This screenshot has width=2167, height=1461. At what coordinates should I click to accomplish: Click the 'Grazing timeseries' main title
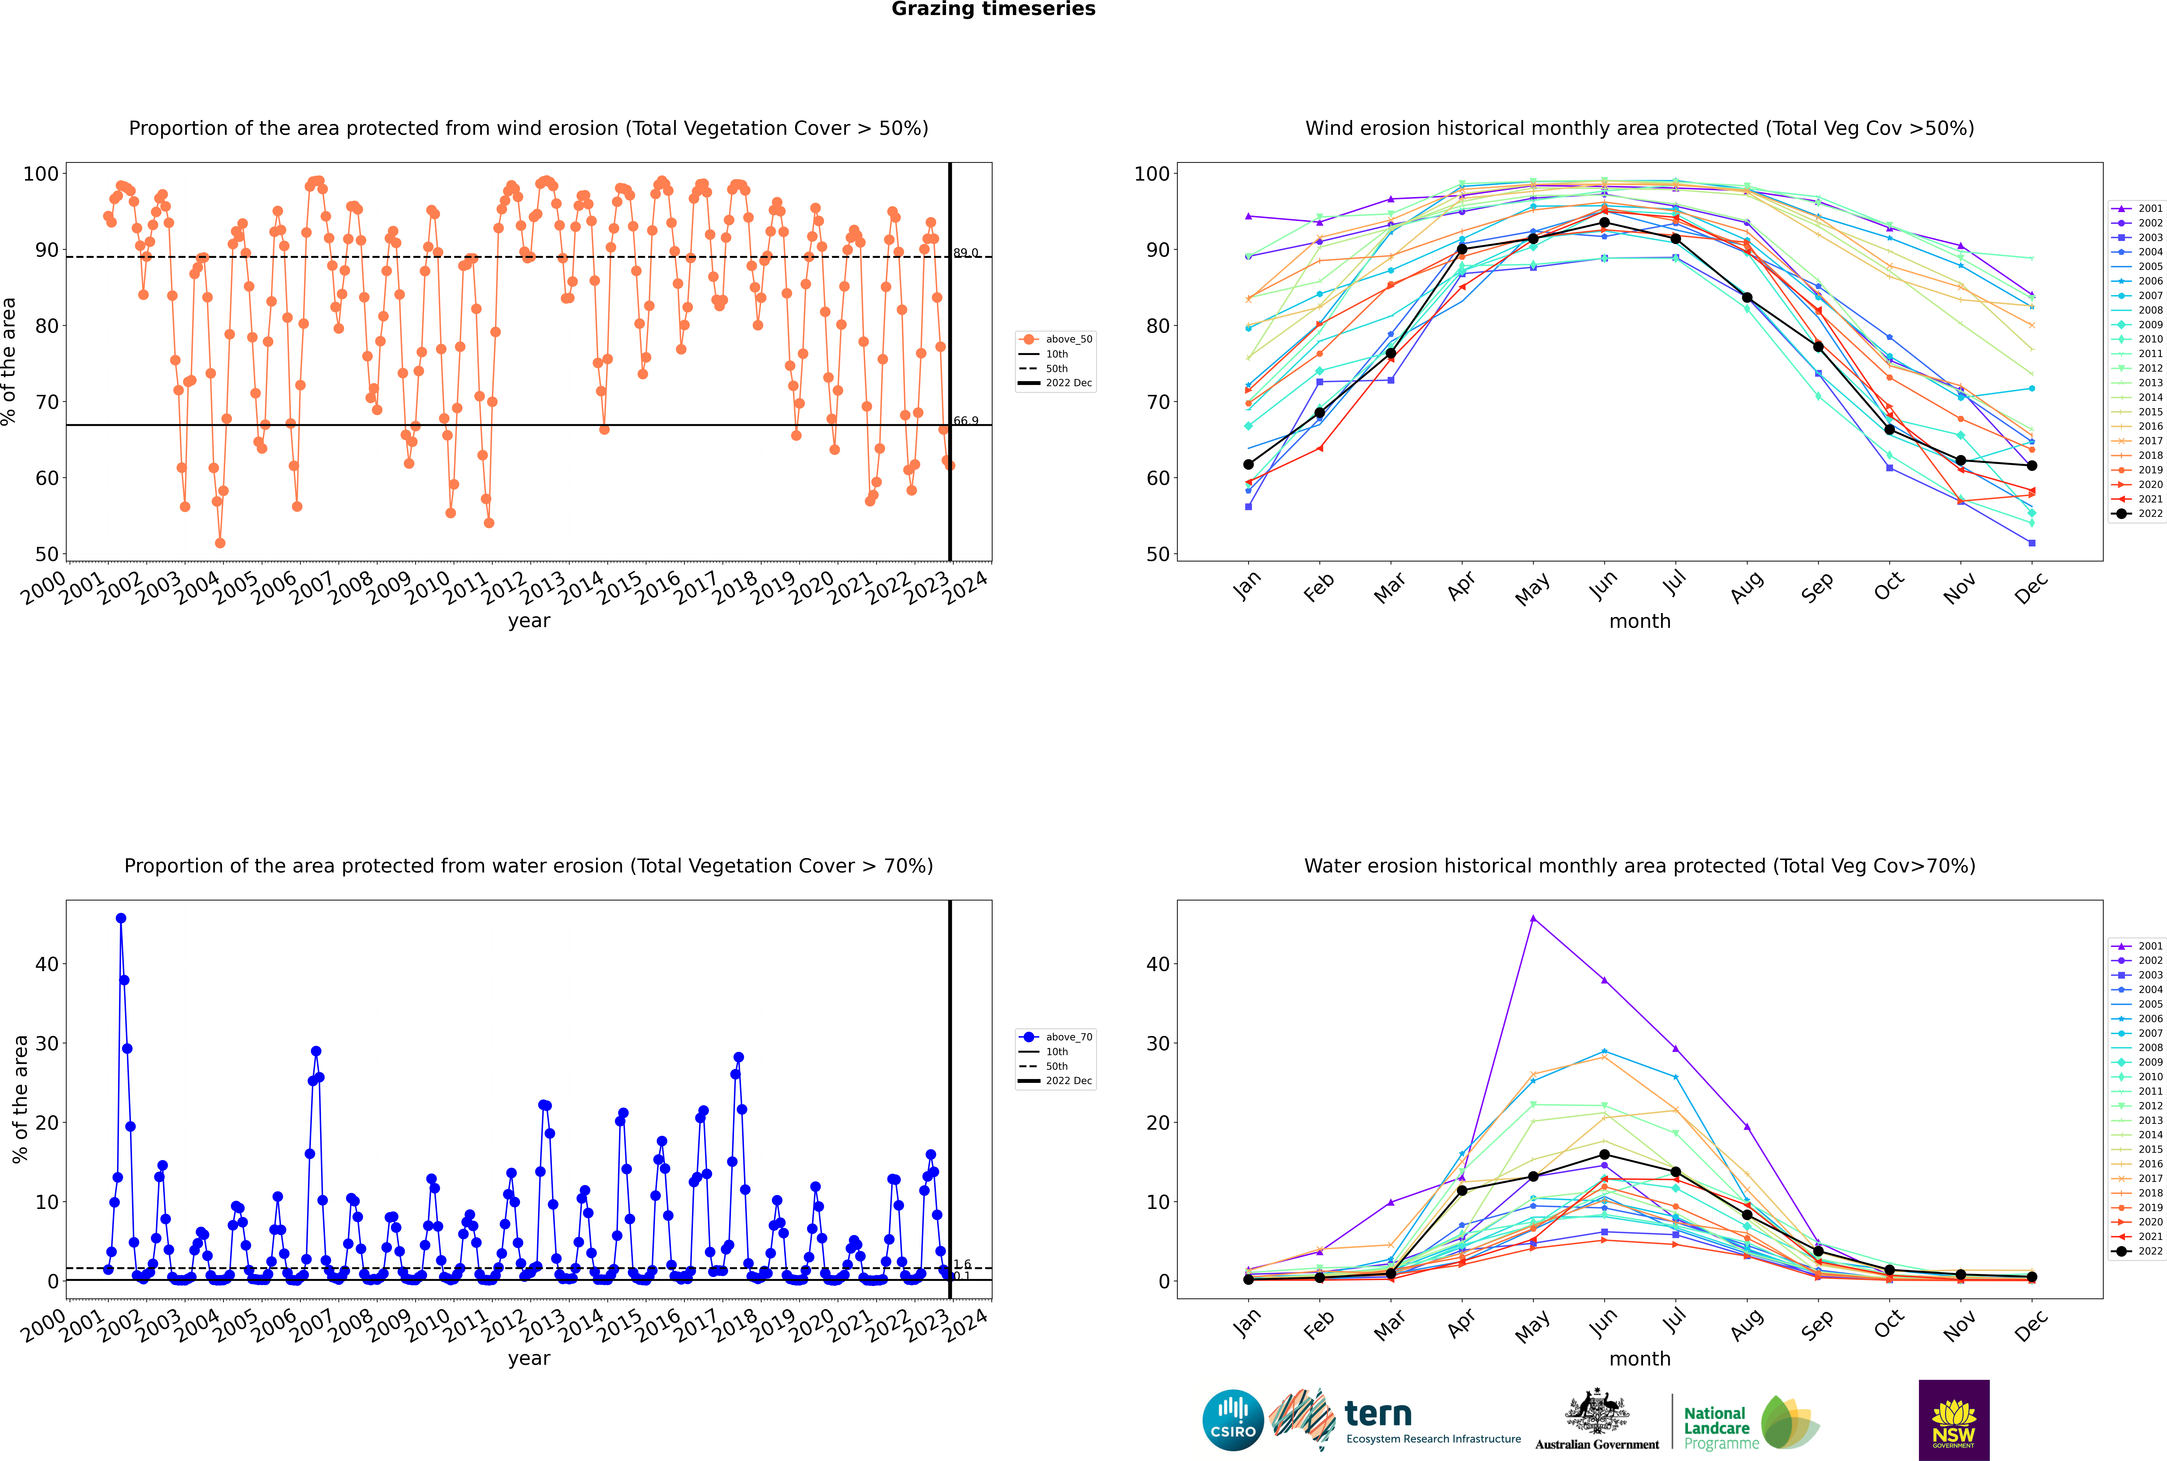993,9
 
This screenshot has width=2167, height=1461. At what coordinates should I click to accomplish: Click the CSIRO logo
1233,1420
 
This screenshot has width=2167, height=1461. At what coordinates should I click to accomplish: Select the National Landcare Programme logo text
1716,1427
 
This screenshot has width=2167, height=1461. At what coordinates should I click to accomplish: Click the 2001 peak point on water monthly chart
1534,919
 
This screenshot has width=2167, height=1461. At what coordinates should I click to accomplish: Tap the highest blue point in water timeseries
121,919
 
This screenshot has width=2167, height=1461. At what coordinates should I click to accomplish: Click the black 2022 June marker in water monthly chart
1604,1154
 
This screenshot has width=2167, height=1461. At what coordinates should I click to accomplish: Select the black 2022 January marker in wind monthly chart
1248,464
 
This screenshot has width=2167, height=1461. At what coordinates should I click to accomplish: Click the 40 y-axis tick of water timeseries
46,964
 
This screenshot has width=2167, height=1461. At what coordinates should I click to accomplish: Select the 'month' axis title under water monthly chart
1640,1359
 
